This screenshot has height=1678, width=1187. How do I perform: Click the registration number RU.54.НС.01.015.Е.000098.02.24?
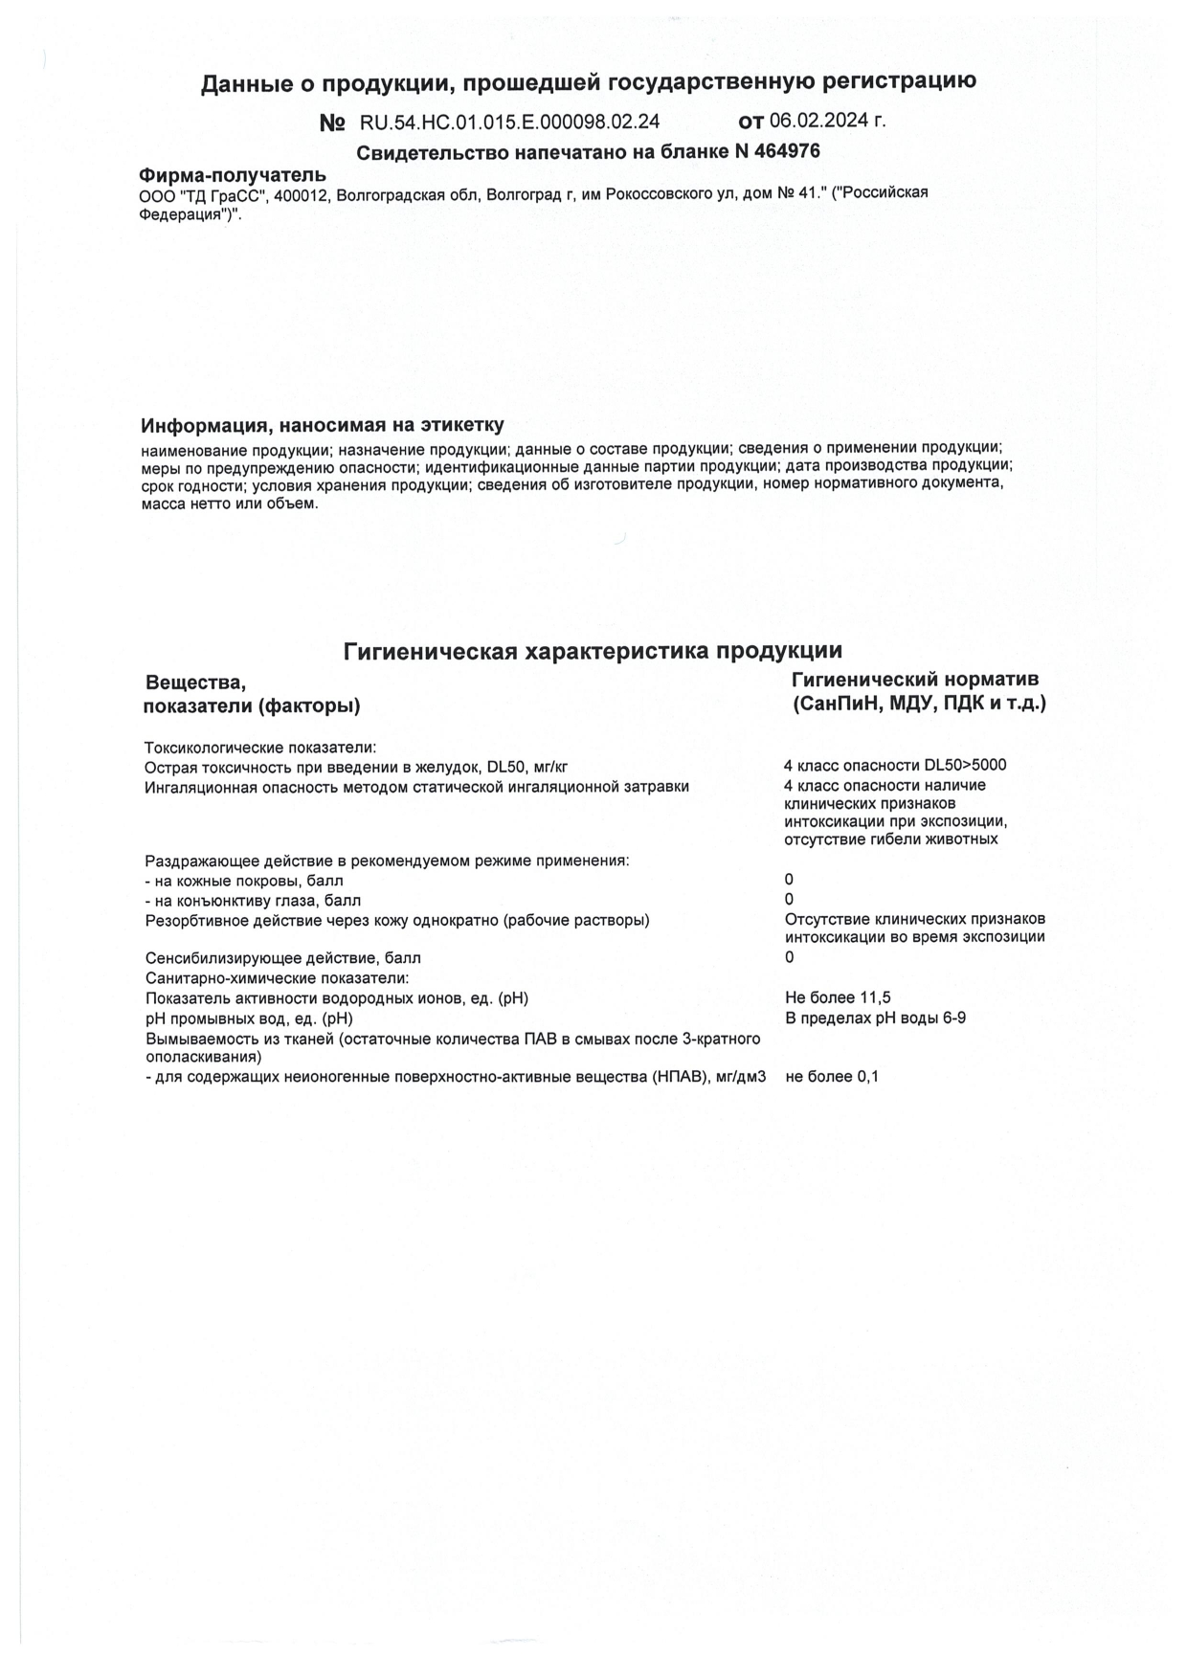point(509,122)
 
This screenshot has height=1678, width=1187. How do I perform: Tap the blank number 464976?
point(788,151)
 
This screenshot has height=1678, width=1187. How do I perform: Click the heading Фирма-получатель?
point(233,175)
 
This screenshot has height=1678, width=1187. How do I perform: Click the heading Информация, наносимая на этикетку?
point(322,425)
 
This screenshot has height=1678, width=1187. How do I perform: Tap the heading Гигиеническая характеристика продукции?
point(593,651)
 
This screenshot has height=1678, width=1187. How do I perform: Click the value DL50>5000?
point(965,766)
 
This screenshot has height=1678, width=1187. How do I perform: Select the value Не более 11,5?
point(838,998)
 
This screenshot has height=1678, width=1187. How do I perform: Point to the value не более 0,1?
point(832,1077)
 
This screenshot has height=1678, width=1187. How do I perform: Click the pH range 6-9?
point(953,1018)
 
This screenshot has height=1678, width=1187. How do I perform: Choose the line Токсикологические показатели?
point(260,748)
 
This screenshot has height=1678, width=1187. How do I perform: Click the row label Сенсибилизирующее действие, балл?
point(282,958)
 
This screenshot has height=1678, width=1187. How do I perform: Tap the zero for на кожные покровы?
point(789,880)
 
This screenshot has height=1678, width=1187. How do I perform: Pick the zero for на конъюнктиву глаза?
point(789,900)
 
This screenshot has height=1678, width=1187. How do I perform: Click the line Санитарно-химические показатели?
point(277,978)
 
